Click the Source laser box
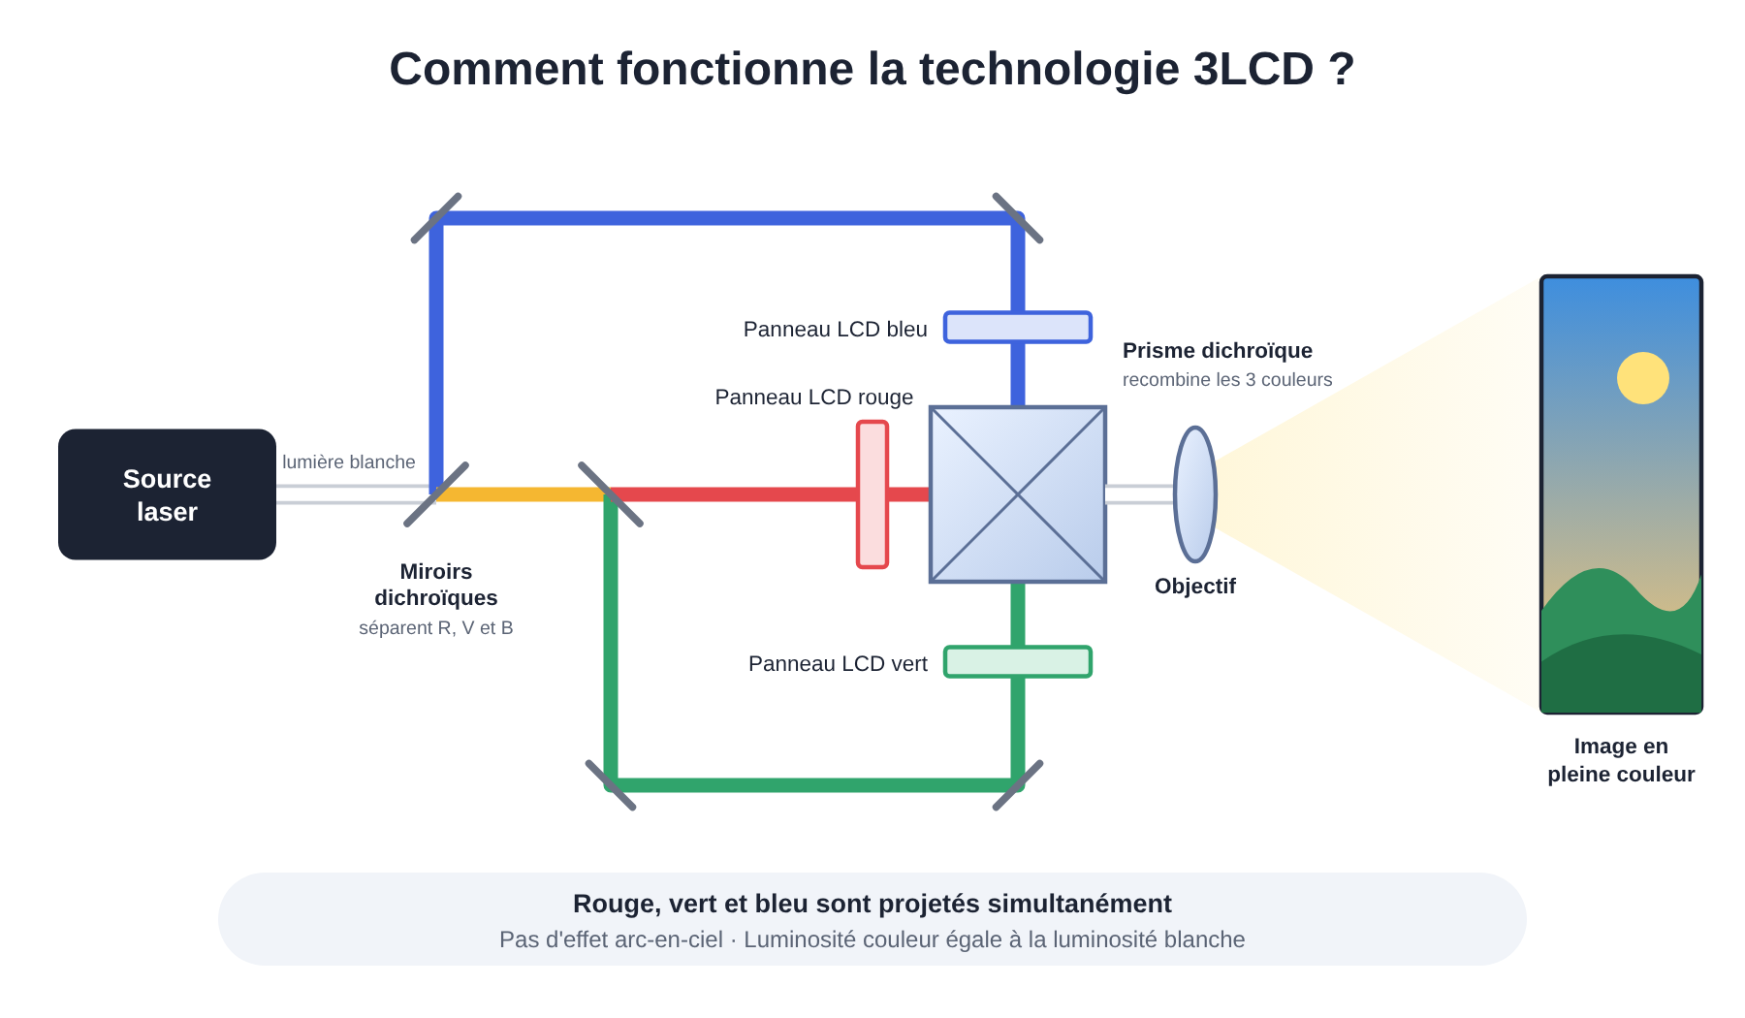[x=167, y=494]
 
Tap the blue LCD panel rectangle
[x=1018, y=328]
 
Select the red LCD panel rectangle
[x=872, y=494]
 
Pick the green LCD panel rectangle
[x=1018, y=662]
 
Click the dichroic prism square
[x=1018, y=494]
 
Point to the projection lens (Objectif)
[x=1195, y=494]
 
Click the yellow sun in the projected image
[x=1643, y=378]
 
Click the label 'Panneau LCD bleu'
[x=836, y=330]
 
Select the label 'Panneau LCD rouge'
[x=814, y=398]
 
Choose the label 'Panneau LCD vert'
[x=838, y=664]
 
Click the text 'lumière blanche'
[x=349, y=462]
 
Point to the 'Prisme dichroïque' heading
[x=1218, y=351]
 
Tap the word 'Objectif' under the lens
[x=1195, y=587]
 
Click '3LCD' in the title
[x=1253, y=70]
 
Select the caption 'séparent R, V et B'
[x=436, y=628]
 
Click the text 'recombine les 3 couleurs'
[x=1227, y=380]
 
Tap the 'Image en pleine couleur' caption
[x=1621, y=760]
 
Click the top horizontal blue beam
[x=727, y=218]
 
